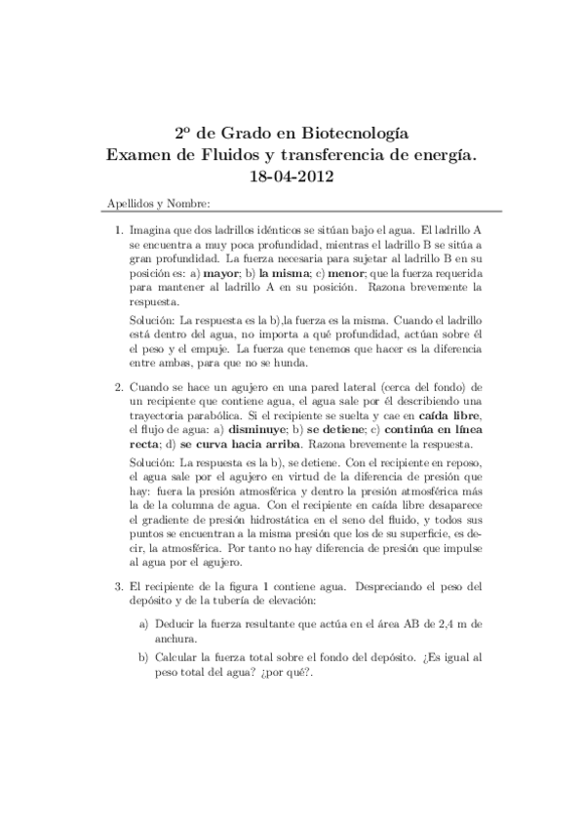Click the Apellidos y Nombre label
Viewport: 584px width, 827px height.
tap(155, 204)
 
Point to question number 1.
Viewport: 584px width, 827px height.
tap(119, 226)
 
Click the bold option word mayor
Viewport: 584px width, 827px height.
tap(234, 275)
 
